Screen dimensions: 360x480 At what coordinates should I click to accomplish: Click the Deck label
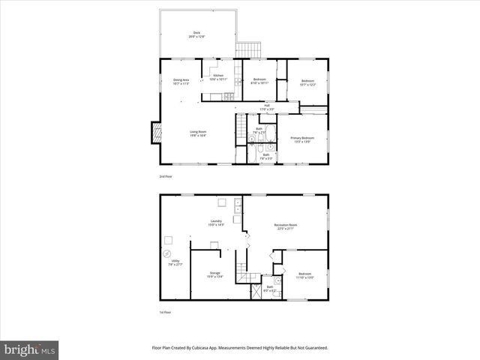[x=197, y=34]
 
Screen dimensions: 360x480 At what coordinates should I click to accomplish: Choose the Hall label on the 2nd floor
[x=266, y=107]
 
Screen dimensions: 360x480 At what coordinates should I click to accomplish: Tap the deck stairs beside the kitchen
[x=247, y=50]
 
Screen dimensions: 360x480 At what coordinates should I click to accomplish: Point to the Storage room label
[x=215, y=275]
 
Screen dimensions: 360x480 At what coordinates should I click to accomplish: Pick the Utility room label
[x=175, y=263]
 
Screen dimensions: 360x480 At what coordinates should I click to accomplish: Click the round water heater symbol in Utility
[x=166, y=253]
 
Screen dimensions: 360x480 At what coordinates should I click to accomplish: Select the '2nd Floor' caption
[x=166, y=176]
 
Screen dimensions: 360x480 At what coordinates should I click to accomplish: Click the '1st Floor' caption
[x=166, y=312]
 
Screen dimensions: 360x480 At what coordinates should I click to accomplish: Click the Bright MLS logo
[x=30, y=349]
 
